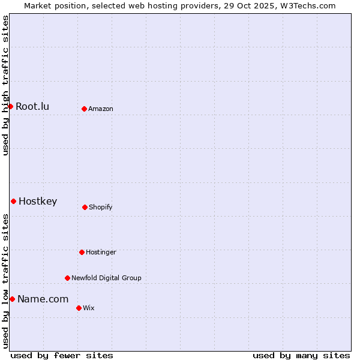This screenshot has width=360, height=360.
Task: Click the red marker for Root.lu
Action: (10, 106)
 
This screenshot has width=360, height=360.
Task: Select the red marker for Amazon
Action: (84, 109)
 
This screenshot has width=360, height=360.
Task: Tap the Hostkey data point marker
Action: (13, 201)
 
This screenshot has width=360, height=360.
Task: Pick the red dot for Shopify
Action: (85, 207)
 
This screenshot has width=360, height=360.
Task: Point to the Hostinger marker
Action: (82, 252)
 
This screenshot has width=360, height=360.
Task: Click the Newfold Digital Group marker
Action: (67, 278)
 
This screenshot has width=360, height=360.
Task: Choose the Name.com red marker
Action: (12, 299)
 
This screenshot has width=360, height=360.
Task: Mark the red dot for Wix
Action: (79, 308)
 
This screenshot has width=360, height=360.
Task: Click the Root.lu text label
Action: (32, 107)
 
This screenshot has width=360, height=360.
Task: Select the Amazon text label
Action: (101, 109)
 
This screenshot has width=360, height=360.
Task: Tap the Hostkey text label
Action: (38, 202)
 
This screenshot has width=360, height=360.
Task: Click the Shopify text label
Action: (101, 208)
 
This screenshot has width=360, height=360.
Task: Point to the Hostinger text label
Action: (101, 253)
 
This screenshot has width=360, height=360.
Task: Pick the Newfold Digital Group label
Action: (106, 278)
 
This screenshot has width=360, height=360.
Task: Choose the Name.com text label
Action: (43, 299)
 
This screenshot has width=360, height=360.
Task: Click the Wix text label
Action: (89, 308)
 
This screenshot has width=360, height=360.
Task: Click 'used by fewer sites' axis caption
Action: (62, 355)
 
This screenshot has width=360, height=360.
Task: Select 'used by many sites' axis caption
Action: (301, 355)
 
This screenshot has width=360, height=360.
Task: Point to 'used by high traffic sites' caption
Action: (5, 85)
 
